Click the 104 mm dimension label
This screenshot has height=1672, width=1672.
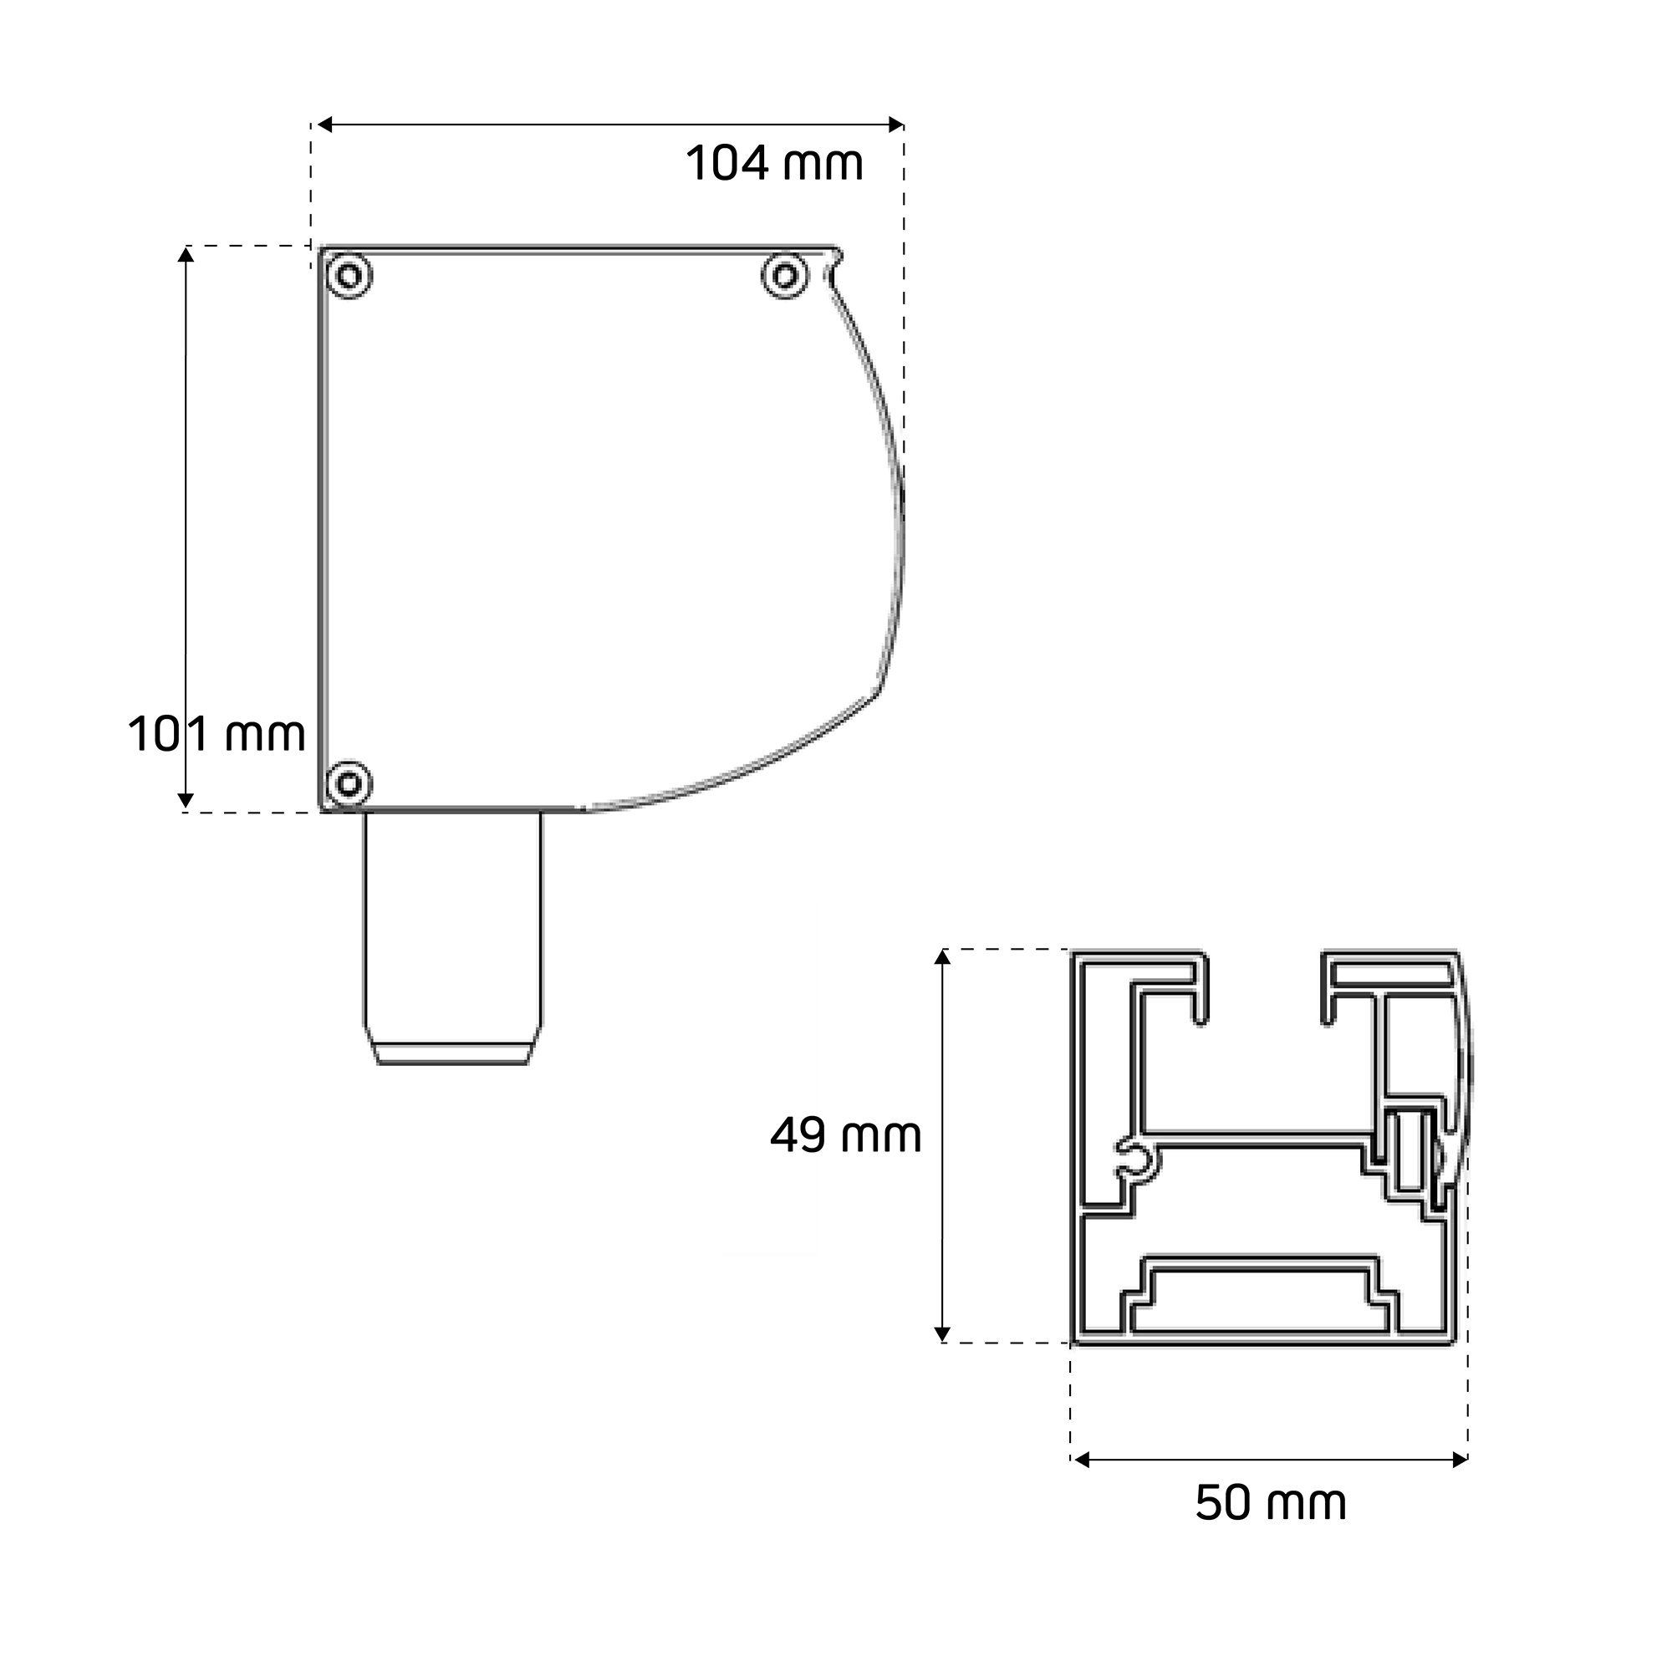point(775,163)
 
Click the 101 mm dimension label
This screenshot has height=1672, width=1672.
point(217,735)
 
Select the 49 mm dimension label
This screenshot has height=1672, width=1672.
point(845,1134)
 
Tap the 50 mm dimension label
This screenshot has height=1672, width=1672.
point(1271,1503)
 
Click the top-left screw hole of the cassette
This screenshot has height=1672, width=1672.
point(349,276)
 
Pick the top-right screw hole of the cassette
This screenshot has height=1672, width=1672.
point(785,276)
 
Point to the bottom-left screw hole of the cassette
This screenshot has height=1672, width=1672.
point(349,784)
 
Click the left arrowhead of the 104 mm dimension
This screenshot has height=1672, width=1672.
point(324,125)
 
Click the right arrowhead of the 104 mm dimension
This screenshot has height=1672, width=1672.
point(896,125)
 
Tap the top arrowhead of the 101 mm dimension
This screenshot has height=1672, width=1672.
point(186,253)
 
